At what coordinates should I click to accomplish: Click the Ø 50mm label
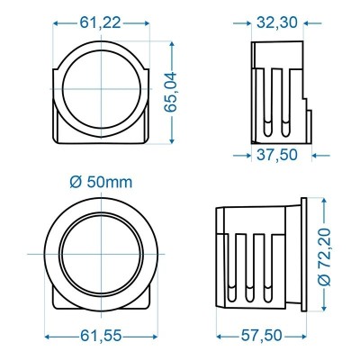100,182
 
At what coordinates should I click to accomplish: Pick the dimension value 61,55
100,336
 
